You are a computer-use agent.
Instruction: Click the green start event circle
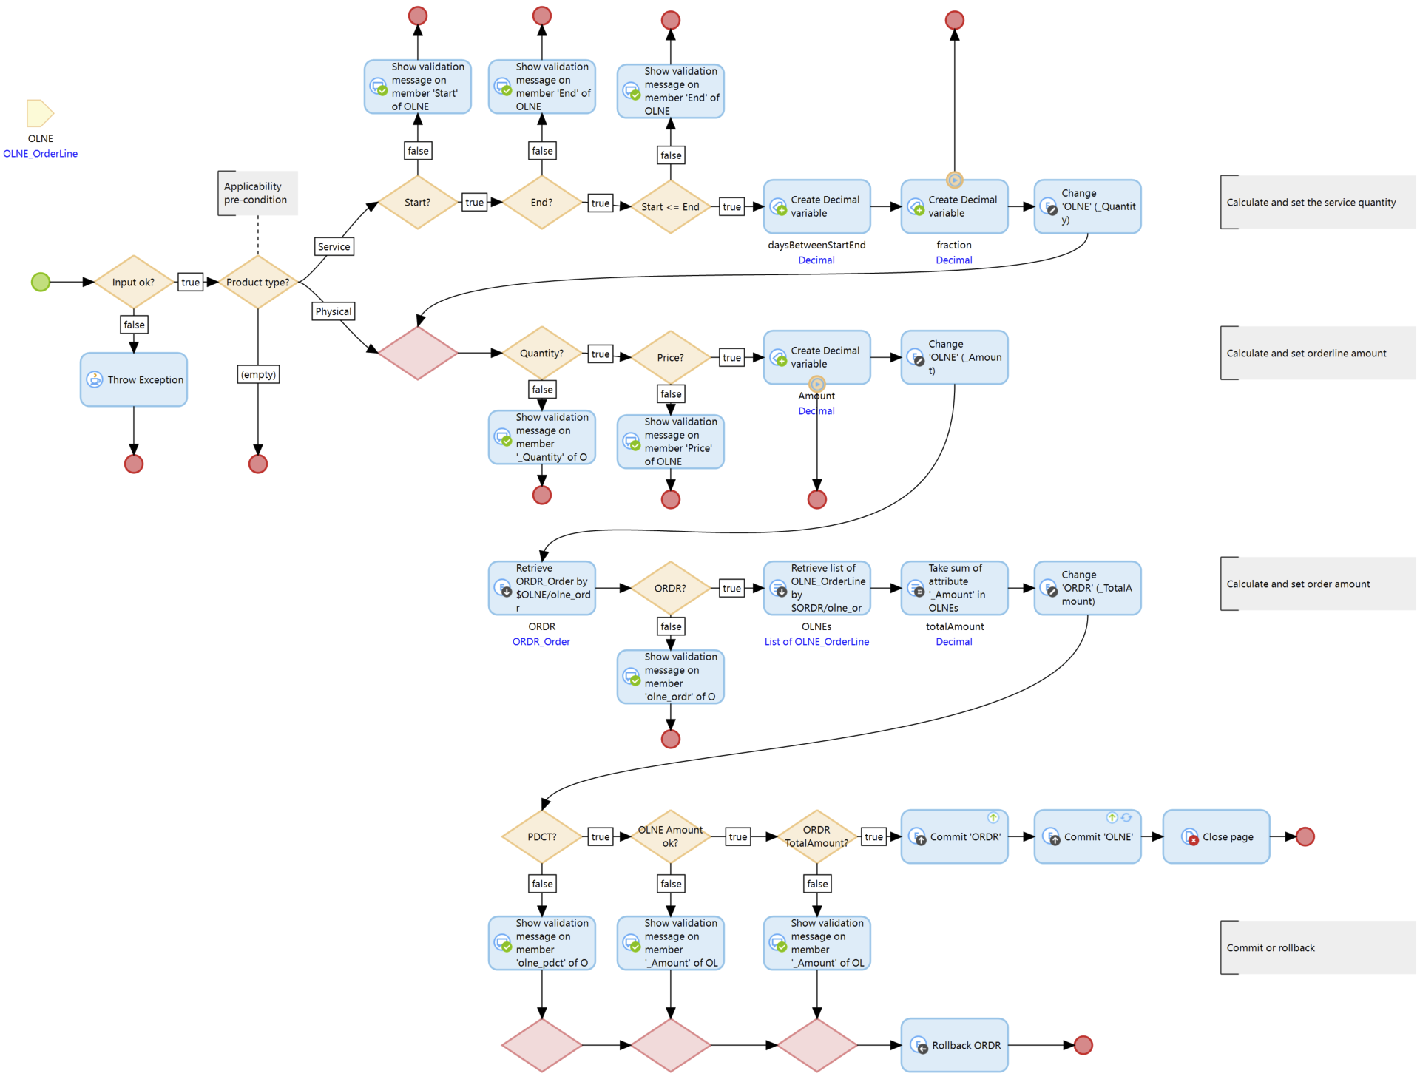(x=41, y=282)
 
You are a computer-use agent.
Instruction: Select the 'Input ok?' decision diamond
(x=134, y=282)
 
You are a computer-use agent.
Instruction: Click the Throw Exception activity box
(x=134, y=379)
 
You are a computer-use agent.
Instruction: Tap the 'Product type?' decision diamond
(x=258, y=282)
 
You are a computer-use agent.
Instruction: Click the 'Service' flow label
(x=334, y=247)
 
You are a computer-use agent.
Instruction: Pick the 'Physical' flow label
(x=334, y=311)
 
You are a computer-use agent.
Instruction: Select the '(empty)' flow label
(x=258, y=374)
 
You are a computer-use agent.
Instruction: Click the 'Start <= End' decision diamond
(x=670, y=206)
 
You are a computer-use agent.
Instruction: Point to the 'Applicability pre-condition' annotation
(x=257, y=193)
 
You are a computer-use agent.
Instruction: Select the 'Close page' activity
(x=1216, y=836)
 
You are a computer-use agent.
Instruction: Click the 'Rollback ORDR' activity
(x=954, y=1045)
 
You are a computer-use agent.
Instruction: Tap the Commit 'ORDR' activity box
(x=954, y=836)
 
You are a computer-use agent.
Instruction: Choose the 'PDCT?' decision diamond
(x=542, y=836)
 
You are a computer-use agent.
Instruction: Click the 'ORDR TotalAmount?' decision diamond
(x=816, y=836)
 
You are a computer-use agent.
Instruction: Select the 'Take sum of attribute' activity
(x=954, y=588)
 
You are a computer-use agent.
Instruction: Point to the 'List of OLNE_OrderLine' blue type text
(x=816, y=642)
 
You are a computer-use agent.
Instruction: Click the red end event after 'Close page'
(x=1305, y=836)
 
